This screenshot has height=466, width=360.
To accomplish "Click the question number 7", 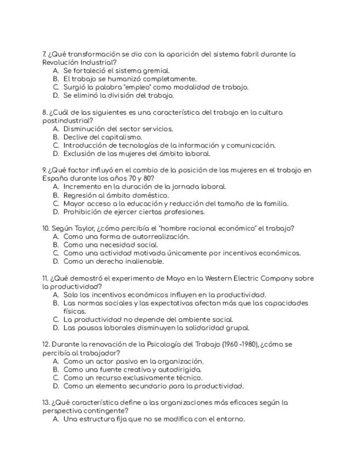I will [44, 54].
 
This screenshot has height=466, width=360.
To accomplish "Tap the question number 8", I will [44, 113].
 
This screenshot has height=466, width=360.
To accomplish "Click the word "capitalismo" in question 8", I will [121, 137].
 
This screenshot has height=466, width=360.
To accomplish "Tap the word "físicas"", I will [74, 312].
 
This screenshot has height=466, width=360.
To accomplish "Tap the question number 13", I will [46, 403].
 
